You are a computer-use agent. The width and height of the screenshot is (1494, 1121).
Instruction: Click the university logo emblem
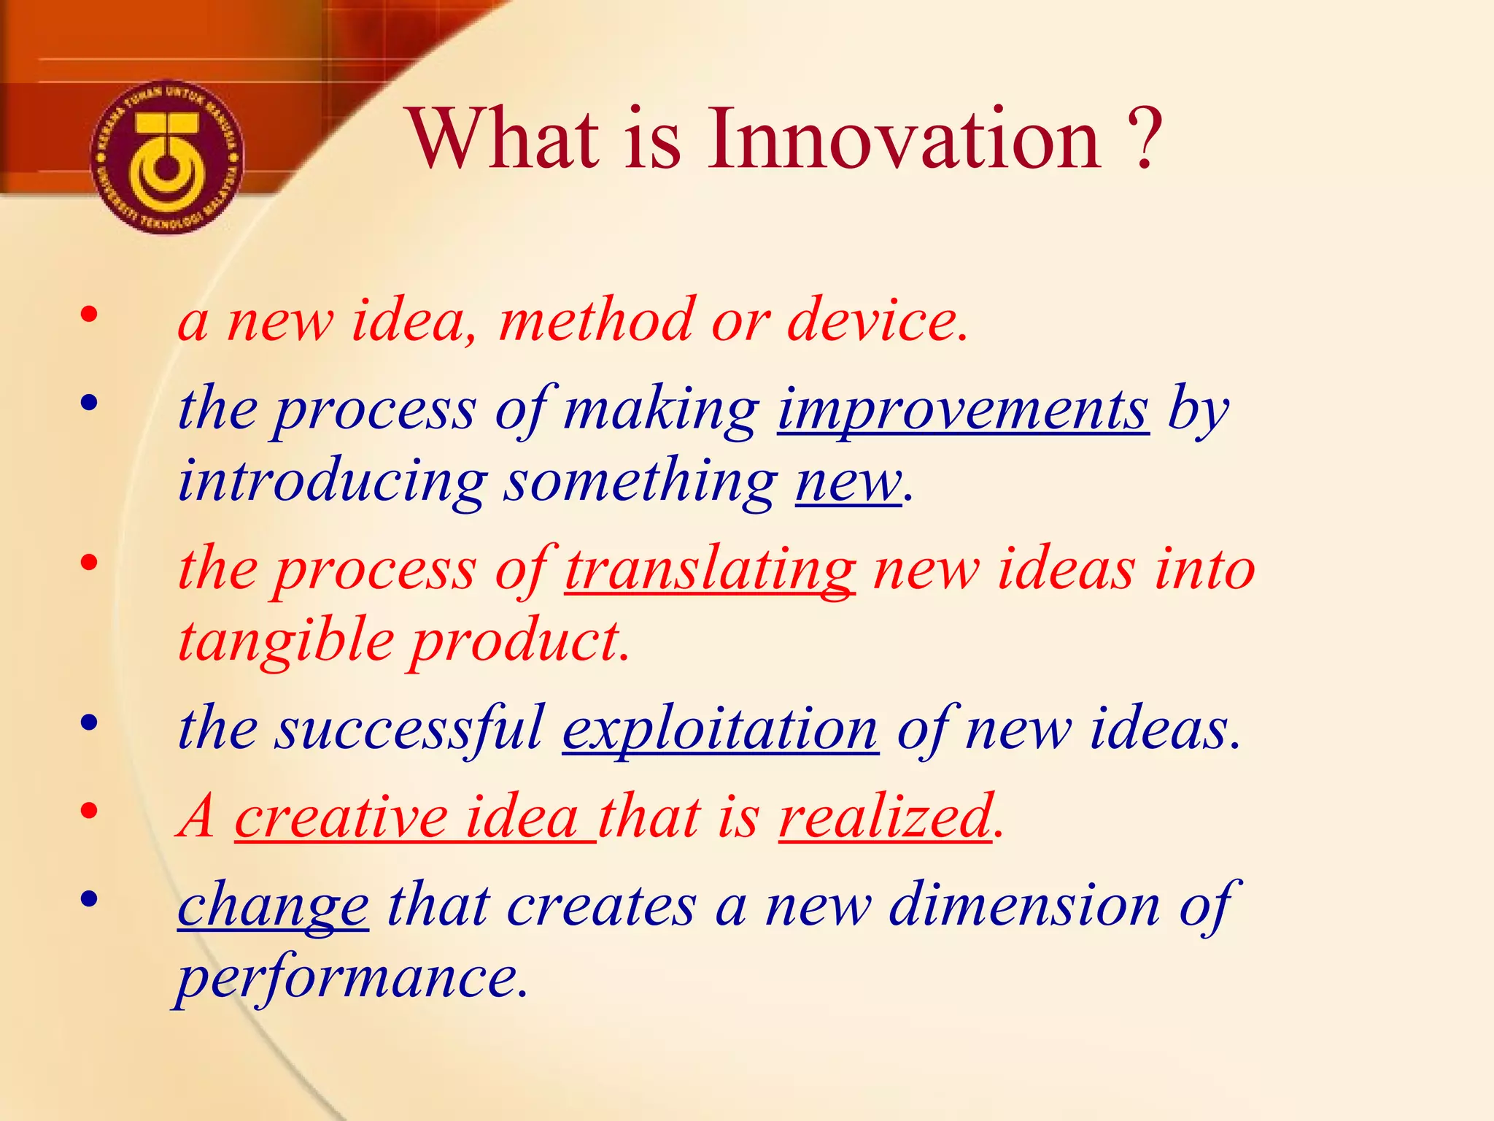pyautogui.click(x=167, y=158)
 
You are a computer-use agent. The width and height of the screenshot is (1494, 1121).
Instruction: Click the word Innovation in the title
pyautogui.click(x=905, y=139)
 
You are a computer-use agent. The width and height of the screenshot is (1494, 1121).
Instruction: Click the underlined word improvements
pyautogui.click(x=963, y=409)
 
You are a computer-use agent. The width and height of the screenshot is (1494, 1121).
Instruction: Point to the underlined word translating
pyautogui.click(x=710, y=569)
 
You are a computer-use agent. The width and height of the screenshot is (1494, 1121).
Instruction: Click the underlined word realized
pyautogui.click(x=886, y=816)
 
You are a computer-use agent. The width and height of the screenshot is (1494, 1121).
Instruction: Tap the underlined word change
pyautogui.click(x=273, y=905)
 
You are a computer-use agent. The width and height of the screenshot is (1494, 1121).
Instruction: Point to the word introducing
pyautogui.click(x=333, y=482)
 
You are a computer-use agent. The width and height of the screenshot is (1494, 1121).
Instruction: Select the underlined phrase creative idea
pyautogui.click(x=414, y=816)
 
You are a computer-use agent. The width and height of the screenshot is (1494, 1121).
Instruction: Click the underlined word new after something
pyautogui.click(x=848, y=482)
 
